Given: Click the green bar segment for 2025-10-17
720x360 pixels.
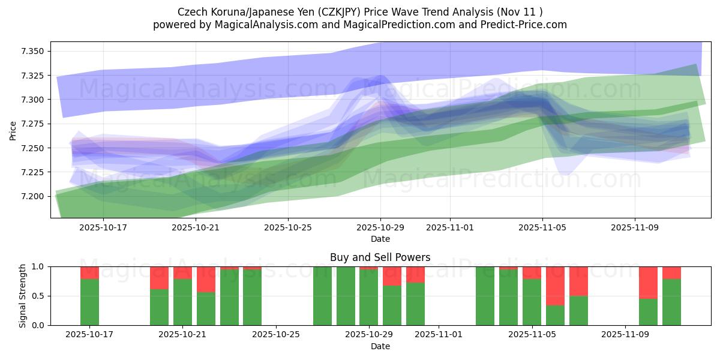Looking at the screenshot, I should [x=89, y=302].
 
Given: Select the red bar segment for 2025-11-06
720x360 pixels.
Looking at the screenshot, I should [x=555, y=286].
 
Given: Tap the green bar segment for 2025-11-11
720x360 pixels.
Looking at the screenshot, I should [x=671, y=302].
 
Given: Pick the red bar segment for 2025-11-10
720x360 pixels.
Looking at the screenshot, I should [x=648, y=282].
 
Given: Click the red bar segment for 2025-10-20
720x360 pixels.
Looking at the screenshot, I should [x=159, y=278].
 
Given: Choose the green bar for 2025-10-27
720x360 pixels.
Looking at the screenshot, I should [x=322, y=296].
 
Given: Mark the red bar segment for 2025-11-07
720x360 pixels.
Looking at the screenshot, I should [x=578, y=281].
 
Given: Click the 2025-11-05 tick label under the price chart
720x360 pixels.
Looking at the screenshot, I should [x=543, y=227].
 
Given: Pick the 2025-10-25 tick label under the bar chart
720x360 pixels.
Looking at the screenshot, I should [x=275, y=335].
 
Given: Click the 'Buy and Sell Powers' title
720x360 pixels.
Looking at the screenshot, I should [x=380, y=257].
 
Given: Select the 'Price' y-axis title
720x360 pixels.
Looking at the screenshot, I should [x=13, y=130].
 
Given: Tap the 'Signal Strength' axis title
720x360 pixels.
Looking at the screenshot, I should [x=23, y=296].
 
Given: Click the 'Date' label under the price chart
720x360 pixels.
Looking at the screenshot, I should [x=380, y=239].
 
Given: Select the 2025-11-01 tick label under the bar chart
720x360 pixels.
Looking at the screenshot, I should [x=439, y=335].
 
